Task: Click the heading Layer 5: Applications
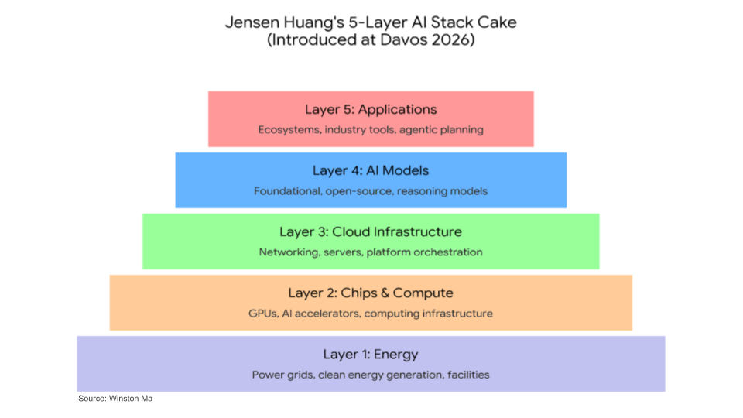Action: click(371, 109)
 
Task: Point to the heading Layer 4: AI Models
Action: click(371, 170)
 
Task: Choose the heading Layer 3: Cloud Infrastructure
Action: click(371, 231)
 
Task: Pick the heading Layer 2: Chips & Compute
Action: click(371, 293)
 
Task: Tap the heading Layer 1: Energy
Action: click(371, 355)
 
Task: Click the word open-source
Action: click(359, 191)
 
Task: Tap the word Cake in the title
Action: click(498, 22)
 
